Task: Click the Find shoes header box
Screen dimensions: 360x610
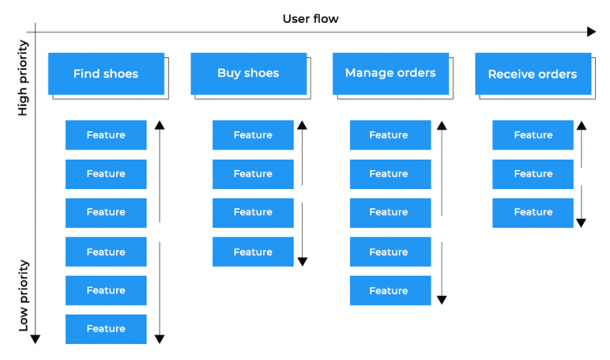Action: click(x=106, y=74)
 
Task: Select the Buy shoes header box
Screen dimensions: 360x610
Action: click(x=248, y=73)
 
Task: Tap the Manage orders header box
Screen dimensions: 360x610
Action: click(x=390, y=73)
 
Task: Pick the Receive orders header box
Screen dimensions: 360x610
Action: click(x=532, y=74)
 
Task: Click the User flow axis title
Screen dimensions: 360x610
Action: click(x=311, y=18)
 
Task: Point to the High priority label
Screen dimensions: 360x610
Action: click(x=23, y=79)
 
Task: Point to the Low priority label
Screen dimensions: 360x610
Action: click(x=24, y=295)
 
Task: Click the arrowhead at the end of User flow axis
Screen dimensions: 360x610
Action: click(x=591, y=32)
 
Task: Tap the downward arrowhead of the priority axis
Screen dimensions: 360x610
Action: click(x=35, y=339)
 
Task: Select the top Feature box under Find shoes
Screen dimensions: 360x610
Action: click(x=106, y=135)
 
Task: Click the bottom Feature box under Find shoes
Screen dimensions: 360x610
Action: click(x=106, y=329)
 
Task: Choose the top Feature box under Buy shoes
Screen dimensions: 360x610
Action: click(x=253, y=135)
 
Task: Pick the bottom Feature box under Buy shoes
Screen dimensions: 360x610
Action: click(x=253, y=252)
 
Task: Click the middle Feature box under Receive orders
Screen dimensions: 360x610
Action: click(x=532, y=174)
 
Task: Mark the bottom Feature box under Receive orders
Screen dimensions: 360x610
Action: click(x=532, y=212)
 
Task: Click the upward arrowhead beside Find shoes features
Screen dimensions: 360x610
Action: click(x=160, y=125)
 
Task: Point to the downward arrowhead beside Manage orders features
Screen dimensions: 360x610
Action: click(x=442, y=300)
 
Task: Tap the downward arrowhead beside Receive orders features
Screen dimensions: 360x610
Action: click(x=581, y=223)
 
